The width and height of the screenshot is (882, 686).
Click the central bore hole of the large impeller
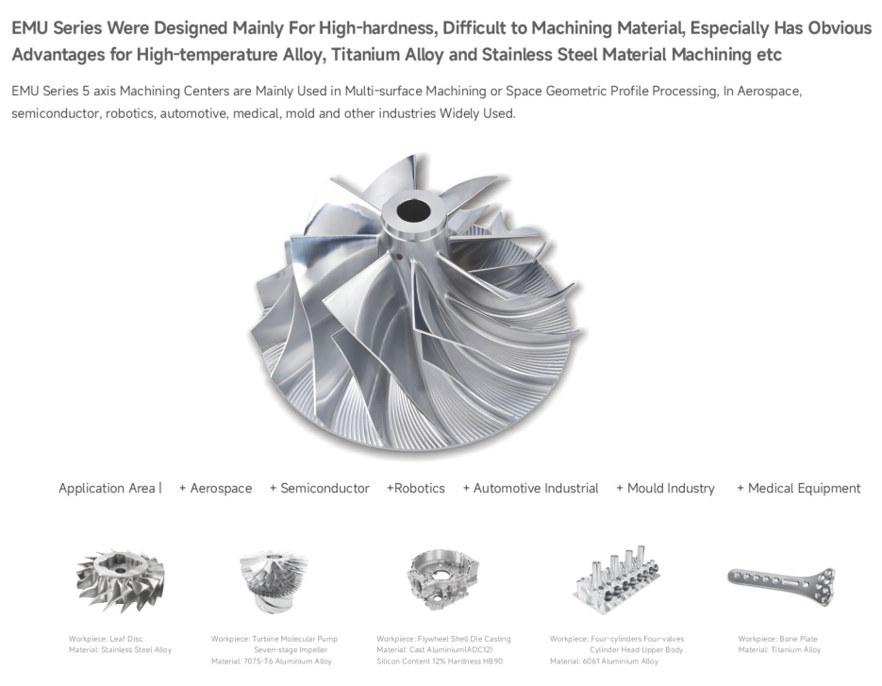click(413, 211)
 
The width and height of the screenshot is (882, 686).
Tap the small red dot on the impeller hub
click(399, 259)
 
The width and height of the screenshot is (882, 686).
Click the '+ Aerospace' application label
click(215, 489)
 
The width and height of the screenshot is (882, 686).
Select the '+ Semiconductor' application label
click(320, 489)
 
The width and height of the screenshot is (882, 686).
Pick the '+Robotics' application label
click(416, 489)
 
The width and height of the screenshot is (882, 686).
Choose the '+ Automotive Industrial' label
click(530, 489)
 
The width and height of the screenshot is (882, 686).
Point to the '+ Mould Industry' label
click(665, 489)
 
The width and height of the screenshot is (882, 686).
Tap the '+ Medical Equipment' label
click(799, 489)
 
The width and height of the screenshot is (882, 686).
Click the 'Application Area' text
click(107, 489)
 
